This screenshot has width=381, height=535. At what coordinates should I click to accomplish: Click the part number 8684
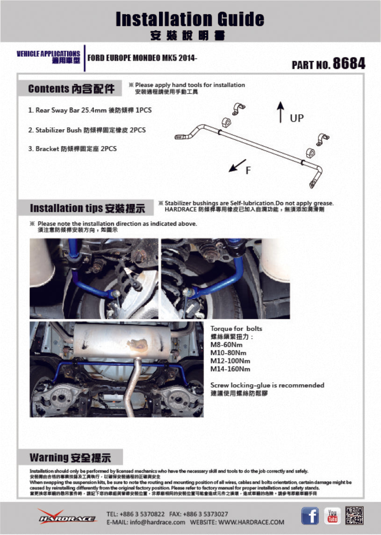[349, 64]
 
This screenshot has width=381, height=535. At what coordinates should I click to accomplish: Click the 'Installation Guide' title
[190, 19]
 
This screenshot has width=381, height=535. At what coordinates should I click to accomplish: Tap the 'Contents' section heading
[71, 89]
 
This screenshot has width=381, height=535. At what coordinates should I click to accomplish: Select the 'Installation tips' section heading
[87, 208]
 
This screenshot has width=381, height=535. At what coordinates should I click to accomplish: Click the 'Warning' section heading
[70, 457]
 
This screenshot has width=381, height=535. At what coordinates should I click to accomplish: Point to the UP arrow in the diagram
[280, 112]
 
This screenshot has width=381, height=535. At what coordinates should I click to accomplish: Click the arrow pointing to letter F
[238, 165]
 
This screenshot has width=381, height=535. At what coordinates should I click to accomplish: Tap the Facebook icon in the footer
[309, 516]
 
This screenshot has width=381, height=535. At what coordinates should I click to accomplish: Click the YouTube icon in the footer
[333, 516]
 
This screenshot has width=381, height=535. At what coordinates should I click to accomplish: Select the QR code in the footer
[354, 515]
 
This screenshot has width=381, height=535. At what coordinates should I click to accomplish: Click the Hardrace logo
[67, 517]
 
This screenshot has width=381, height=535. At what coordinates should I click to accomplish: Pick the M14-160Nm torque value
[230, 369]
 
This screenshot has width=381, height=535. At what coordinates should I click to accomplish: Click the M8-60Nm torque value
[227, 344]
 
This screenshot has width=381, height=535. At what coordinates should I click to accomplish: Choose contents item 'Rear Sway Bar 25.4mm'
[90, 110]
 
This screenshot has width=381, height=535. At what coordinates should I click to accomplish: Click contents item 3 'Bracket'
[72, 149]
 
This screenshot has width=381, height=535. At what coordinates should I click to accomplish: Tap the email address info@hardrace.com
[146, 522]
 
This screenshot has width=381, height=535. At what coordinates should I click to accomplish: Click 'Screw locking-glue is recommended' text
[267, 385]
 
